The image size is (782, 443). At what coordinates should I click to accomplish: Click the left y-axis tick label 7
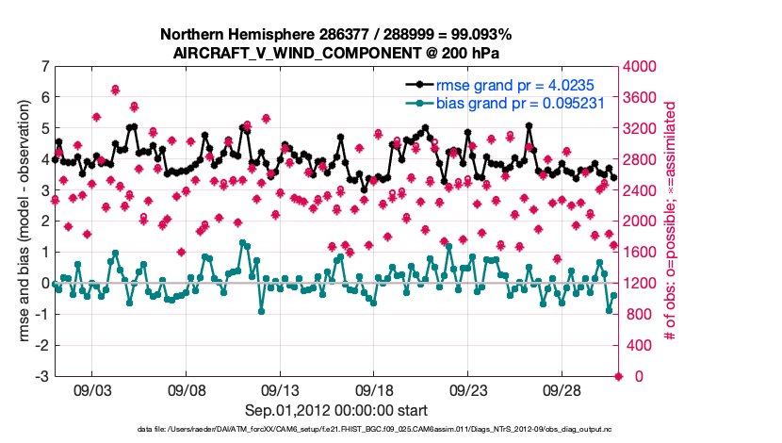click(44, 67)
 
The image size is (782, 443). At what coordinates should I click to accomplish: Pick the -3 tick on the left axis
click(41, 376)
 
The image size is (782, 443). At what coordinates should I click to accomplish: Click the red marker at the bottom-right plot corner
click(618, 376)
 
